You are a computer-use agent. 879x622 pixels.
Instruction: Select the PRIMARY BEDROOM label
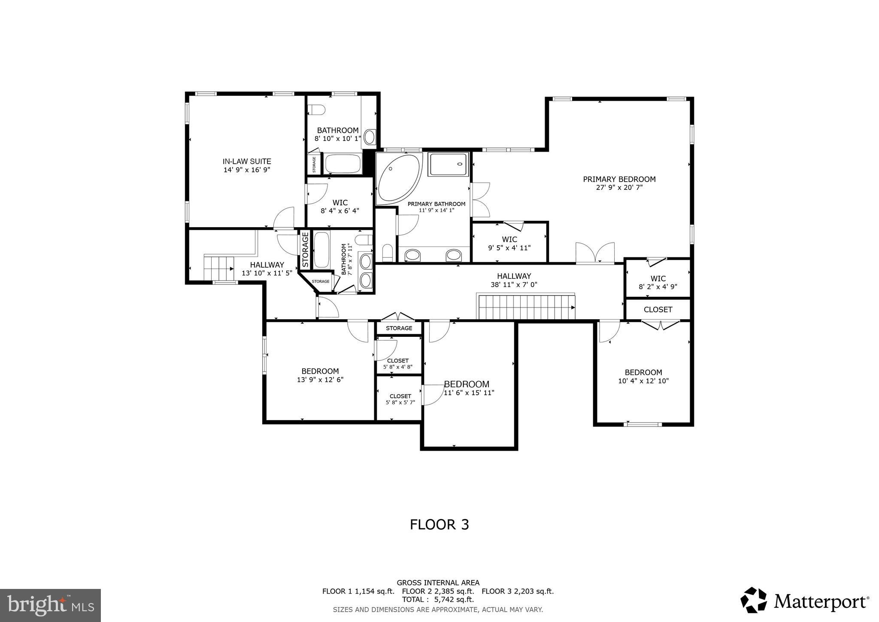pyautogui.click(x=619, y=179)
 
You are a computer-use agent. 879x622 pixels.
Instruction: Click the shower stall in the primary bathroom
pyautogui.click(x=449, y=164)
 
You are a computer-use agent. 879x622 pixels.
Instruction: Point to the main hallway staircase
pyautogui.click(x=526, y=307)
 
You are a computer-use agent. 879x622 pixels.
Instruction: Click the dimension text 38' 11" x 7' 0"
pyautogui.click(x=514, y=284)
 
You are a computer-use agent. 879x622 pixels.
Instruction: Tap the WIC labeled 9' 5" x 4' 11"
pyautogui.click(x=509, y=243)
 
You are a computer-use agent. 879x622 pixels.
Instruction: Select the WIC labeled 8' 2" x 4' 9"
pyautogui.click(x=658, y=282)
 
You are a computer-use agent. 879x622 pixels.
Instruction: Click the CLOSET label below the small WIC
pyautogui.click(x=658, y=309)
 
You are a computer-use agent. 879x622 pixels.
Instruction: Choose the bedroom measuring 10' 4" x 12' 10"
pyautogui.click(x=643, y=376)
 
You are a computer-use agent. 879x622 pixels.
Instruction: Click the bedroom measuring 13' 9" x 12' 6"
pyautogui.click(x=320, y=375)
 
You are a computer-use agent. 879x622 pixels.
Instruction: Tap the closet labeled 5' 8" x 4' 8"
pyautogui.click(x=398, y=363)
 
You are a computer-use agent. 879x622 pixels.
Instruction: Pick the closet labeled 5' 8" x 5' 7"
pyautogui.click(x=400, y=399)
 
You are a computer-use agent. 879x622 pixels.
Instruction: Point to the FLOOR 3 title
pyautogui.click(x=439, y=524)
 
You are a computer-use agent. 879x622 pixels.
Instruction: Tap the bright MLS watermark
pyautogui.click(x=50, y=605)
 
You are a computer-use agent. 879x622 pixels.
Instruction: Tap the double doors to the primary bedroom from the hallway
pyautogui.click(x=594, y=253)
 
